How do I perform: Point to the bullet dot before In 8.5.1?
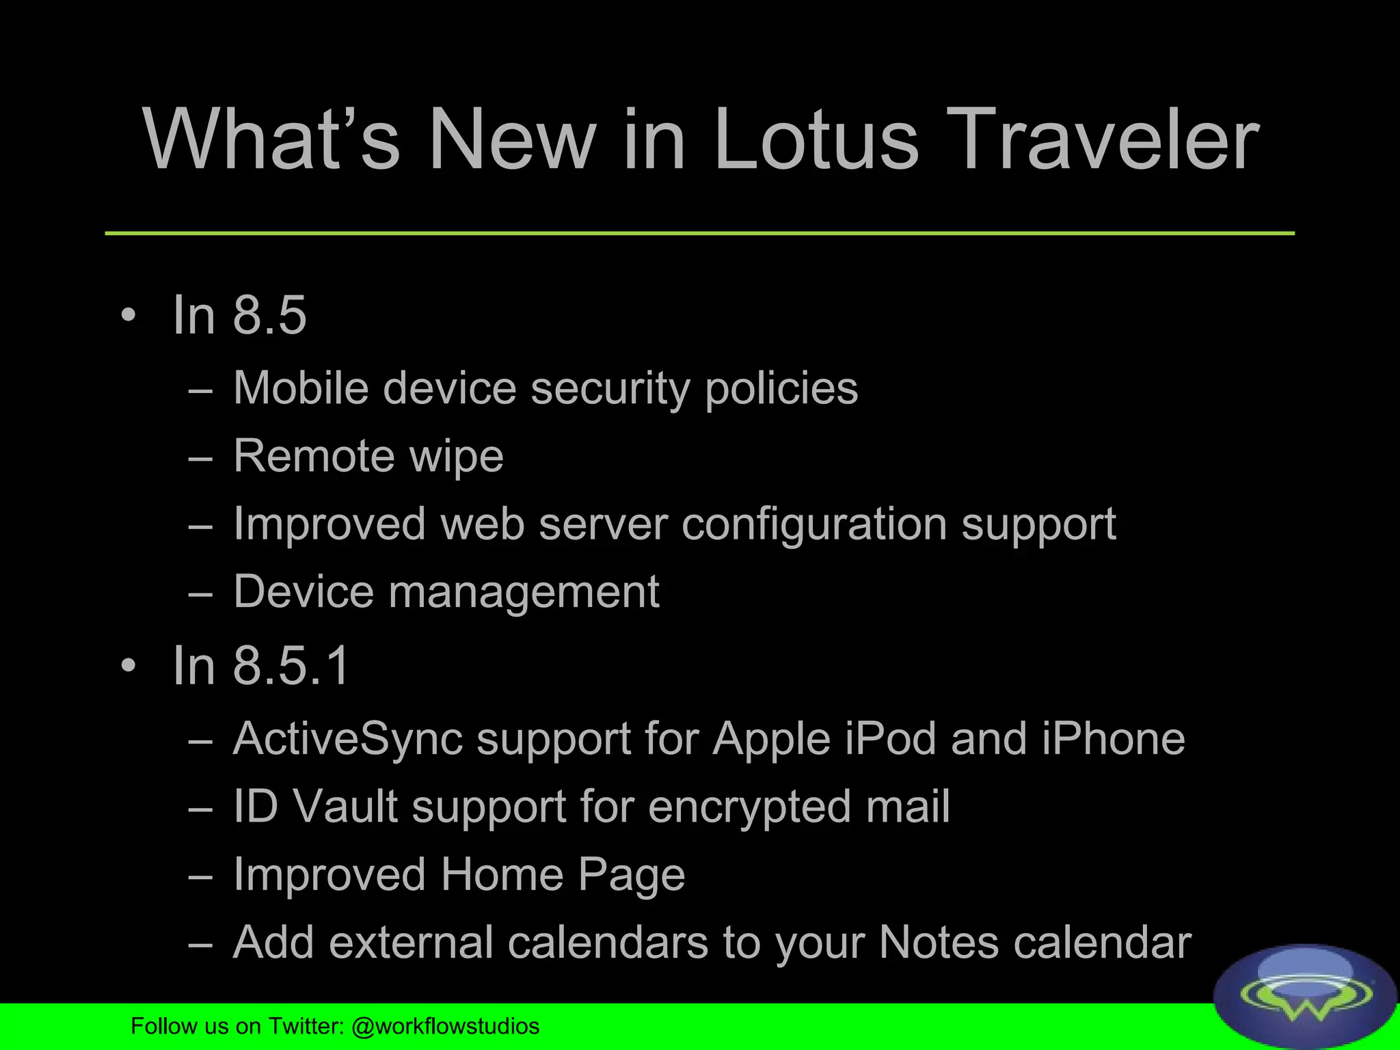[129, 665]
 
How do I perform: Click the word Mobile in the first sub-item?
[300, 388]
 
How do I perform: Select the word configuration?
[814, 524]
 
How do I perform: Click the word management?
[524, 591]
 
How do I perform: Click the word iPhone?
[1113, 739]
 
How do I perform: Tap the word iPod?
[890, 739]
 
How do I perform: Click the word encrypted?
[749, 807]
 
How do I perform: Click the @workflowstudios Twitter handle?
[445, 1026]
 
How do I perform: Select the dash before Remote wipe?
[200, 458]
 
